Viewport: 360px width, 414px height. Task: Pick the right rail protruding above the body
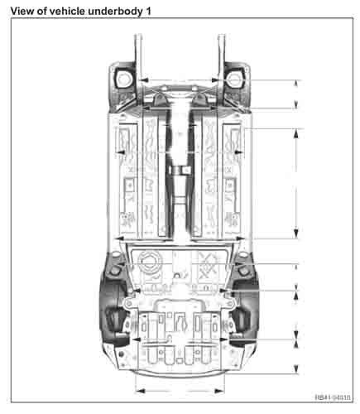221,50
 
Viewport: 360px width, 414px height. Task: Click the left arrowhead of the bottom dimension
137,387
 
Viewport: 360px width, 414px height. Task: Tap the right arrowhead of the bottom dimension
223,387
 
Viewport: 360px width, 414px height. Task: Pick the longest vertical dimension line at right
296,184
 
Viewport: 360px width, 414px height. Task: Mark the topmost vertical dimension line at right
296,94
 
